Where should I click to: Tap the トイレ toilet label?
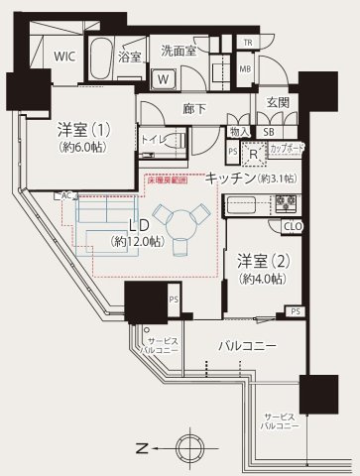153,141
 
